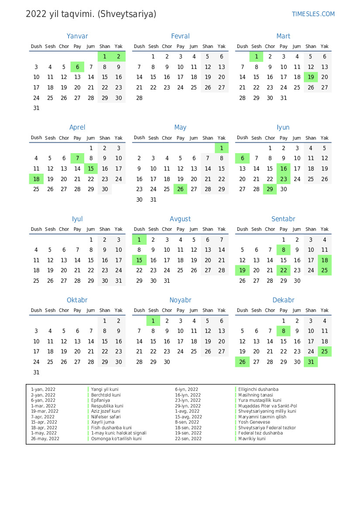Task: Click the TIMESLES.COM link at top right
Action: pyautogui.click(x=313, y=14)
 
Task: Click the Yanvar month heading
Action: pyautogui.click(x=77, y=36)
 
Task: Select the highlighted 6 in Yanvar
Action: pyautogui.click(x=77, y=67)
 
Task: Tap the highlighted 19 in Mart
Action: pyautogui.click(x=311, y=77)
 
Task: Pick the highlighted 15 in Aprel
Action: pyautogui.click(x=91, y=169)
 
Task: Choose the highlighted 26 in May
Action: pyautogui.click(x=180, y=189)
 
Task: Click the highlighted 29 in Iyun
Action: pyautogui.click(x=270, y=189)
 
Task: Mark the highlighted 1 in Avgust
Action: pyautogui.click(x=139, y=240)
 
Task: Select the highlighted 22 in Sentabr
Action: pyautogui.click(x=284, y=270)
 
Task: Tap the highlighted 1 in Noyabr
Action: pyautogui.click(x=153, y=321)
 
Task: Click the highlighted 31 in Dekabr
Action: pyautogui.click(x=311, y=362)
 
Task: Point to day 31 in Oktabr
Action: pyautogui.click(x=36, y=373)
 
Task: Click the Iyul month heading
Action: pyautogui.click(x=77, y=219)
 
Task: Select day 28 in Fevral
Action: pyautogui.click(x=139, y=98)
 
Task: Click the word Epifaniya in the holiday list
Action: pyautogui.click(x=100, y=400)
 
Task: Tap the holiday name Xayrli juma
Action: pyautogui.click(x=102, y=422)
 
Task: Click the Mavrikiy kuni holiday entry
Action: pyautogui.click(x=252, y=438)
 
